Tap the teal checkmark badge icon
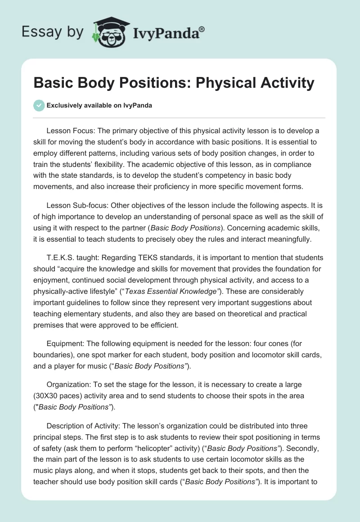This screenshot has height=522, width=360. [x=39, y=105]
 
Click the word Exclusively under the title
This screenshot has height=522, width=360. [x=64, y=106]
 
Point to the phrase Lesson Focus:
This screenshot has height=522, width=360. [x=69, y=131]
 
